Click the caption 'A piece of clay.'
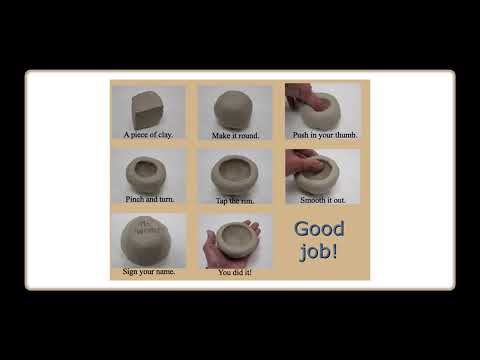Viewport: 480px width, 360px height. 148,135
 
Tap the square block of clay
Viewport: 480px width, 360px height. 149,110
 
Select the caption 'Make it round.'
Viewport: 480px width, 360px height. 235,135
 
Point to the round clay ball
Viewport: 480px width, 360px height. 233,109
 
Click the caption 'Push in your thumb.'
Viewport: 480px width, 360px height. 325,135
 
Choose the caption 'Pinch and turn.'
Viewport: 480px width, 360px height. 150,199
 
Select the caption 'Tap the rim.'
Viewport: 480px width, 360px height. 235,201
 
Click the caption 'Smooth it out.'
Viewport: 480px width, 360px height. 323,200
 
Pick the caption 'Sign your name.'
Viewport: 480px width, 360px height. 149,271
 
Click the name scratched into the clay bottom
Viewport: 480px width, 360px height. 147,227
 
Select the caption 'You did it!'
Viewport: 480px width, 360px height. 235,272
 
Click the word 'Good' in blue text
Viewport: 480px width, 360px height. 319,229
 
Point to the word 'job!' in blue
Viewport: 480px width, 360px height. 319,251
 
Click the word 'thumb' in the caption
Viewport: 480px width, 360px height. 346,135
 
